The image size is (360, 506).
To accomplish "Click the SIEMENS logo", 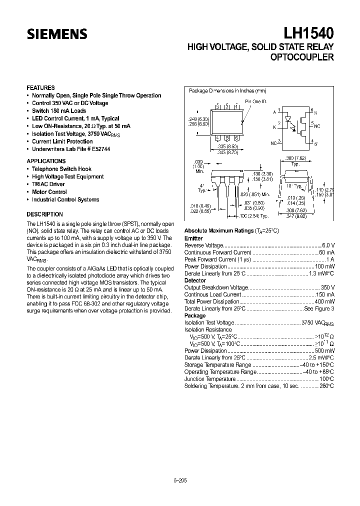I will click(57, 34).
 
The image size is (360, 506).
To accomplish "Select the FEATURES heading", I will click(40, 87).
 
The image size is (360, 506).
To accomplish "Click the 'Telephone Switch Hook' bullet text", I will click(61, 169).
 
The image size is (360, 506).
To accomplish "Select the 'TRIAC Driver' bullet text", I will click(48, 184).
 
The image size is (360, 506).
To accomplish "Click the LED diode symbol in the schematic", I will click(288, 120).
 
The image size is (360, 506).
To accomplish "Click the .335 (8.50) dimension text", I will click(227, 146).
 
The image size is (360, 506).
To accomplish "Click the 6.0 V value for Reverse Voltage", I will click(328, 246).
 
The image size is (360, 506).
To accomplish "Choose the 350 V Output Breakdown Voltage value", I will click(327, 287).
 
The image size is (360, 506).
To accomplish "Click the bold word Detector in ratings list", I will click(195, 280).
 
